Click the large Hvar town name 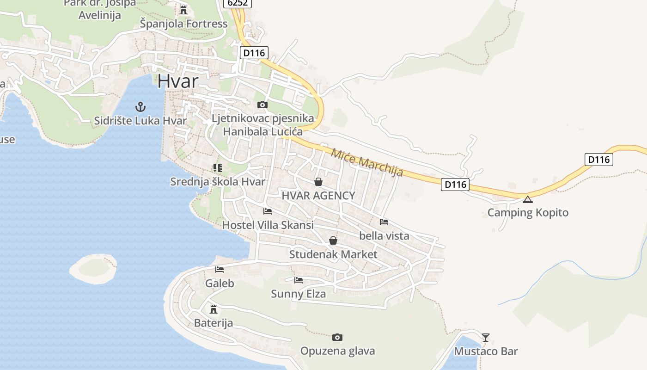click(178, 81)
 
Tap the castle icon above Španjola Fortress click(183, 10)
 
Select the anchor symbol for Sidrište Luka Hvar click(140, 107)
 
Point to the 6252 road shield click(238, 3)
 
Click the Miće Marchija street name click(367, 162)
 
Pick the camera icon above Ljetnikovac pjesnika click(262, 105)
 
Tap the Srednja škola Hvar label click(218, 181)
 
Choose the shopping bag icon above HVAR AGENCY click(318, 182)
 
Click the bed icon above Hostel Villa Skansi click(268, 211)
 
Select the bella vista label click(384, 236)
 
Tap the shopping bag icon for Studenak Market click(333, 240)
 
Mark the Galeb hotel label click(220, 284)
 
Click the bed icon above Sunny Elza click(299, 280)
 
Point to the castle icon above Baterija click(214, 309)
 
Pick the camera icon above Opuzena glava click(337, 337)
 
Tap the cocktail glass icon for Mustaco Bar click(485, 337)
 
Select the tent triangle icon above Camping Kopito click(528, 199)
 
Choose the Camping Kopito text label click(528, 213)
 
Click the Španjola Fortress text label click(183, 24)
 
